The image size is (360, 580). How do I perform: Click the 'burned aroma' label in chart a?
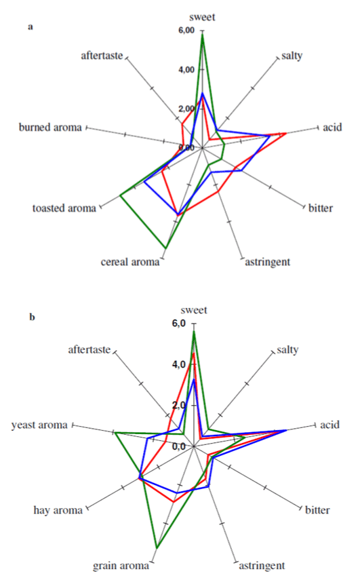click(50, 128)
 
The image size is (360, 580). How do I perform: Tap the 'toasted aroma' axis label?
click(64, 208)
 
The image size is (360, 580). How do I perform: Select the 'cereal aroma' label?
click(130, 262)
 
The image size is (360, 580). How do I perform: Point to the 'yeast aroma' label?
click(39, 425)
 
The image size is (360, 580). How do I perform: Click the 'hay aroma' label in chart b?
click(58, 510)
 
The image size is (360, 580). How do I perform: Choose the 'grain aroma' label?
click(121, 566)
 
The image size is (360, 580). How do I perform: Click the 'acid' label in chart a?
click(332, 128)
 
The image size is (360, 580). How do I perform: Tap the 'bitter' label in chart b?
click(317, 510)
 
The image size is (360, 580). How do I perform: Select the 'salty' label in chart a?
click(292, 56)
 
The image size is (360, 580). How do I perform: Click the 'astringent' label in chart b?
click(262, 566)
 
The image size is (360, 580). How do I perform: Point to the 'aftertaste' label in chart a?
click(102, 56)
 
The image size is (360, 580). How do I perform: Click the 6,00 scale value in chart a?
click(186, 31)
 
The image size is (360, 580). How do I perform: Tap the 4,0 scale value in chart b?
click(178, 364)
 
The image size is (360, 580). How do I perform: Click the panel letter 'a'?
click(31, 27)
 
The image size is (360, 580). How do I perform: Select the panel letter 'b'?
click(32, 317)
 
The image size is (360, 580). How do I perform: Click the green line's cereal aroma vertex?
click(165, 248)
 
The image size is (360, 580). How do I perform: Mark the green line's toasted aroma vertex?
click(121, 195)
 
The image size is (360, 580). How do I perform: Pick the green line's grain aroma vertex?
click(157, 547)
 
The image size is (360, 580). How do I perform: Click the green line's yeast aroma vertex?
click(115, 432)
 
